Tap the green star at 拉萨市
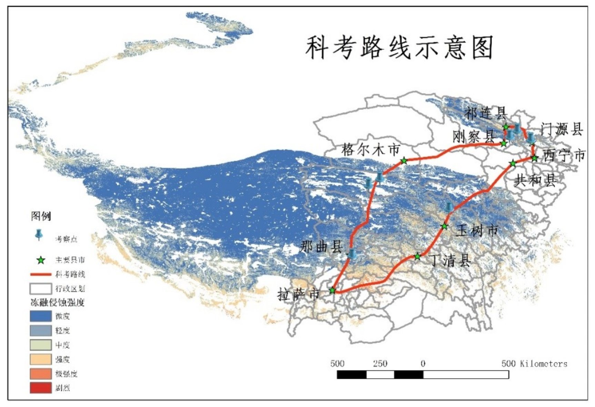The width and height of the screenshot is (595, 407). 332,291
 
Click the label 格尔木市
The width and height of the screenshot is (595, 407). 371,150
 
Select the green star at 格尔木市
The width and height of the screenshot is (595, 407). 404,161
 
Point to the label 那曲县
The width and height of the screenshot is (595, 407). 321,247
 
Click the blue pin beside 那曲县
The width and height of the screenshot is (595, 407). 352,254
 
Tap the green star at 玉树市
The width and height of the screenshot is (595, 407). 445,226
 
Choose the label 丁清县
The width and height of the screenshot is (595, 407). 450,260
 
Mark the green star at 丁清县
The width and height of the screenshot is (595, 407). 417,256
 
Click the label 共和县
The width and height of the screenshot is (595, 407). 535,180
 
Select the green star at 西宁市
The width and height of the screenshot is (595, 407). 534,158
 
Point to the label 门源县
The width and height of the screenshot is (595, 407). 562,129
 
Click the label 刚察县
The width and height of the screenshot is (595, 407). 474,137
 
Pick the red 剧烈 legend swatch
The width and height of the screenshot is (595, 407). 40,388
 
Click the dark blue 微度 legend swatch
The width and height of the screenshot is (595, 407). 40,316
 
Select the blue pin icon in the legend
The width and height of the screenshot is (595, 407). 39,234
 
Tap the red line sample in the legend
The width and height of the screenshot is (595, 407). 40,274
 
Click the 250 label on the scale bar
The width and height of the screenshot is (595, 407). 380,364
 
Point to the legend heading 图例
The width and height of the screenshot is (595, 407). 41,216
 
